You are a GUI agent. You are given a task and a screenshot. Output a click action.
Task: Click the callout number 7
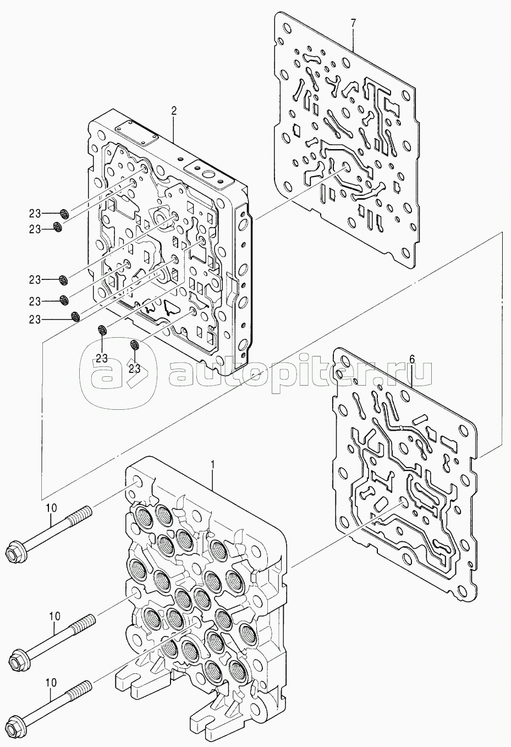coord(353,23)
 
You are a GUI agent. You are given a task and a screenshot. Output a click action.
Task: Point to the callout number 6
coord(412,359)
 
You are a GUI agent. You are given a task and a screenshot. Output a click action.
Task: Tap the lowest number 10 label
coord(51,682)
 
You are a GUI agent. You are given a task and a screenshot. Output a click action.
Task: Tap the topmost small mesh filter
coord(64,213)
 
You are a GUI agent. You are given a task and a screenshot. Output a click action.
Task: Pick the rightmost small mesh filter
coord(134,345)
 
